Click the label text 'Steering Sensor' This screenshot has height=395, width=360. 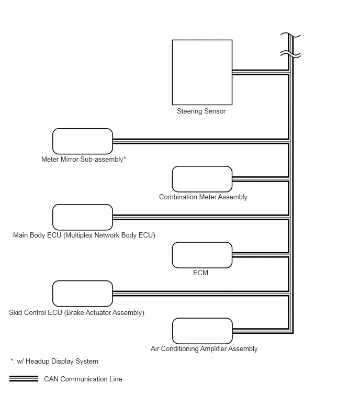[201, 111]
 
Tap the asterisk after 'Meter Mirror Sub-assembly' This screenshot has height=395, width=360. [125, 158]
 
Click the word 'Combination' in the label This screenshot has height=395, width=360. [178, 197]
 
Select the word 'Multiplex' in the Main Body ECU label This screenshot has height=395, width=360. [78, 235]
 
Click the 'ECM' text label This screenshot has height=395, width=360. [200, 273]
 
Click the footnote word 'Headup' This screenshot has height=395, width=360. [37, 362]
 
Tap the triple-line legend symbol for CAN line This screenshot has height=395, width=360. [24, 379]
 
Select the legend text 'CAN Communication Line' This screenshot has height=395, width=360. [83, 379]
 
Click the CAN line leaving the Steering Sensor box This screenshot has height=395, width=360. [261, 73]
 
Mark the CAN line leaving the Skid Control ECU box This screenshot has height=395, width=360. [201, 294]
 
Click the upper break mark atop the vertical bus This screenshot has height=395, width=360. [291, 35]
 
